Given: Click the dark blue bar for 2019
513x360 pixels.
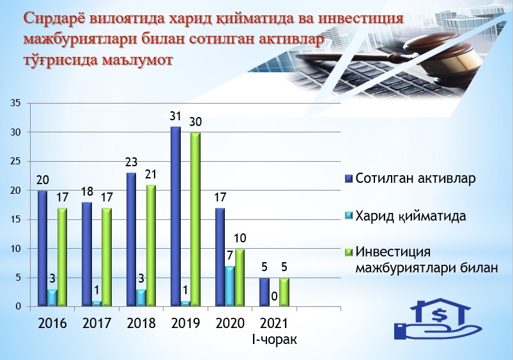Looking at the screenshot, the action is click(x=175, y=217).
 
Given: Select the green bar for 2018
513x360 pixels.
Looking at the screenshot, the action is click(x=151, y=246).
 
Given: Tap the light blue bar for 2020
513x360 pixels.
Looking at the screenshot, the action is click(x=230, y=286).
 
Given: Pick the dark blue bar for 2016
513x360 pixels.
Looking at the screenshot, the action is click(x=42, y=249).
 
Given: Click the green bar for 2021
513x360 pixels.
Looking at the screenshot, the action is click(x=284, y=292).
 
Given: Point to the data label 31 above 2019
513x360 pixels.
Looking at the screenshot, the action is click(x=175, y=116).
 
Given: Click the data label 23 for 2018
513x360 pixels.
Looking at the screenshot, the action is click(x=131, y=162).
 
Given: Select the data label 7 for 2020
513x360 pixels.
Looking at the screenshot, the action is click(x=231, y=256).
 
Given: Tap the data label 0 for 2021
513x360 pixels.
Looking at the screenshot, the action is click(x=275, y=296).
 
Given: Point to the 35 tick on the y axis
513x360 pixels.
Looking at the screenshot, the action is click(x=16, y=103).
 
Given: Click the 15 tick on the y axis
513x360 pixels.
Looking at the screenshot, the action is click(x=16, y=219).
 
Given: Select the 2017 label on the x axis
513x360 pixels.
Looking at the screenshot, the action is click(x=97, y=324).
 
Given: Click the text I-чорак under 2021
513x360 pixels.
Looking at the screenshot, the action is click(x=274, y=340).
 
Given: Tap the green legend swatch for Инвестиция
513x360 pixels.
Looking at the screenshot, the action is click(x=348, y=253).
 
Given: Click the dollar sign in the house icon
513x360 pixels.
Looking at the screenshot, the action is click(x=438, y=315).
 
